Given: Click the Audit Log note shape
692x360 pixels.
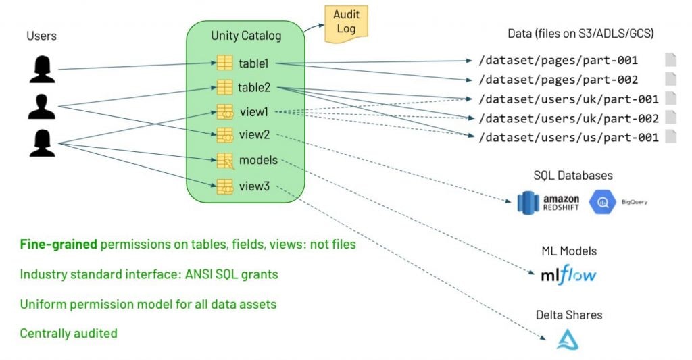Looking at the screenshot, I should (x=346, y=24).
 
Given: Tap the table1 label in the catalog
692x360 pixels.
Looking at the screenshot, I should (x=253, y=63).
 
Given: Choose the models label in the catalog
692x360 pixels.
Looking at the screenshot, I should (x=258, y=160).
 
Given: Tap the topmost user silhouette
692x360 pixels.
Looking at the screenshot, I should (x=42, y=70).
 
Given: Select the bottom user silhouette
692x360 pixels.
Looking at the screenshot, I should (x=42, y=143).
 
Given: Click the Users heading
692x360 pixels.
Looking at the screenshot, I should (x=41, y=35).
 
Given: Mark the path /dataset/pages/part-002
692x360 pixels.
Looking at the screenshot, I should (x=558, y=79).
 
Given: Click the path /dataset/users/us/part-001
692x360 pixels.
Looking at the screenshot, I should (x=568, y=137).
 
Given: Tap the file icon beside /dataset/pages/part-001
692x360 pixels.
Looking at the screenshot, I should (x=670, y=60).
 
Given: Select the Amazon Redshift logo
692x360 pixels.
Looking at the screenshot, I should (x=547, y=202).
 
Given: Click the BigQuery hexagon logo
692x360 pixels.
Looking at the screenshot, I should (x=601, y=202).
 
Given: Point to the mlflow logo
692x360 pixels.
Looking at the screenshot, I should (x=568, y=276).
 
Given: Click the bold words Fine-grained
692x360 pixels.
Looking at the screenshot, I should (x=58, y=245).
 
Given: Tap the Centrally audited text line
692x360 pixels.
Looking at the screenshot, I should (x=68, y=333).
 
